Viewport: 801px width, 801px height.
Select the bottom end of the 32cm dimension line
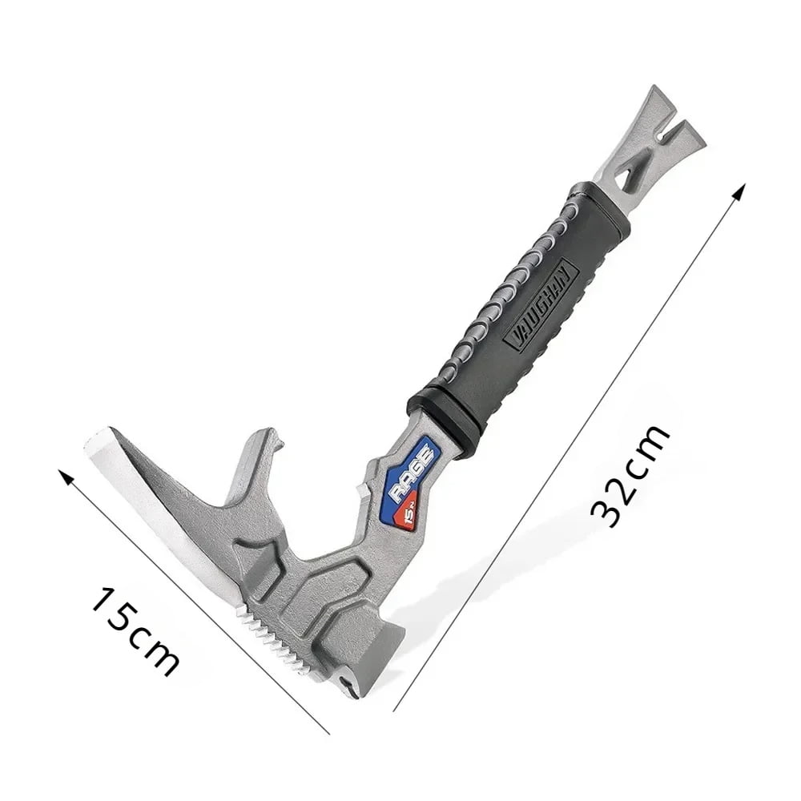pos(395,710)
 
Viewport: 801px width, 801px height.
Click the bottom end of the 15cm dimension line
pos(328,732)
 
